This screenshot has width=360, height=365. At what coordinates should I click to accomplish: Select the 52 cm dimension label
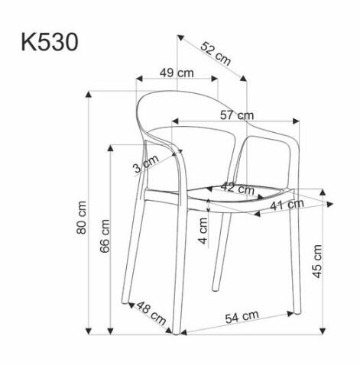point(216,54)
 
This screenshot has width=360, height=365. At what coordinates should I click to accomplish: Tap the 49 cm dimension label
point(176,73)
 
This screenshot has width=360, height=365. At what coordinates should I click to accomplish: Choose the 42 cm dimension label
point(238,188)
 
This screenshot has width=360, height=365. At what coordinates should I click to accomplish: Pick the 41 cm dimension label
point(287,205)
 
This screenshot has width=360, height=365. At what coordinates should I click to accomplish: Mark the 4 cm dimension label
point(203,227)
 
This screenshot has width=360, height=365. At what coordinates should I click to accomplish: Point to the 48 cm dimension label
point(150,313)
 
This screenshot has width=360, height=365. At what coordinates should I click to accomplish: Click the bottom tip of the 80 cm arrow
point(89,334)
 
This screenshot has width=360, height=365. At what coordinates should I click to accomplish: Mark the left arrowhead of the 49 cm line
point(137,79)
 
